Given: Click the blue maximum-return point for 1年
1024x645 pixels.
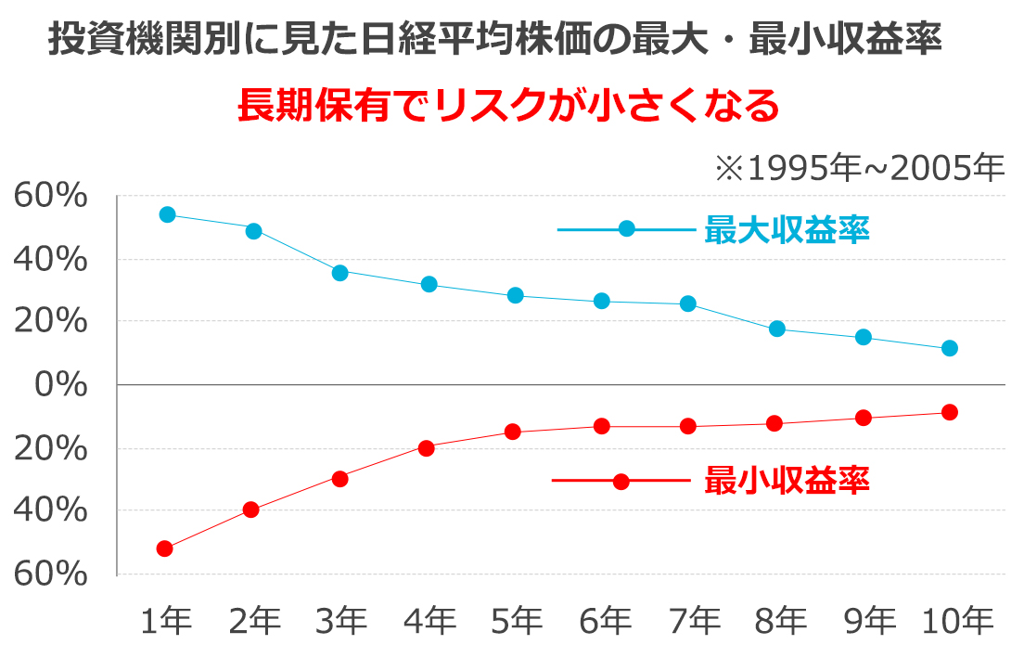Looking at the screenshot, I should (167, 214).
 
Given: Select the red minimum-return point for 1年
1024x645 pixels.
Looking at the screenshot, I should (165, 548).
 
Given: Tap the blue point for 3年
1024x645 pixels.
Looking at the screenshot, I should (339, 273).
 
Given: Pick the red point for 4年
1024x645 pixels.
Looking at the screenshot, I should (427, 448).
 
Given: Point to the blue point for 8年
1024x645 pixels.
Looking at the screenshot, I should (777, 329).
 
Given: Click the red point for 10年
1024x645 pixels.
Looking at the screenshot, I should (949, 412).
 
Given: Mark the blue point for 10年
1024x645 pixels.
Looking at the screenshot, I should (949, 348).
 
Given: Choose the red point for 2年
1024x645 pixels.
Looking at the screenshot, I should (250, 510).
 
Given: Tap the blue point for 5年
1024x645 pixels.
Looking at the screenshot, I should (515, 295).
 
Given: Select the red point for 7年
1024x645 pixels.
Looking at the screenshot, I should (688, 426).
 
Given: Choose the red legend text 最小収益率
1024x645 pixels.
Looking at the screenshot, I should (787, 481).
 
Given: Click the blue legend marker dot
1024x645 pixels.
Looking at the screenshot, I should (627, 228).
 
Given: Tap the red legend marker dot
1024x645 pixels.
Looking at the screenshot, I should (621, 481).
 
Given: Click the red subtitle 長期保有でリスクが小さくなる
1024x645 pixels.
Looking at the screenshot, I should (509, 105).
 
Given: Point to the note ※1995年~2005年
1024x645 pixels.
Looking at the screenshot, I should (859, 169).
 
